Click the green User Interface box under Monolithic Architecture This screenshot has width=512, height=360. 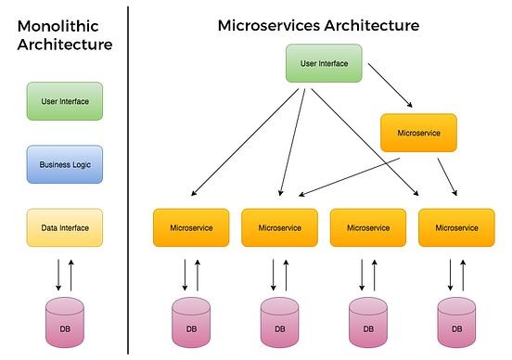click(65, 101)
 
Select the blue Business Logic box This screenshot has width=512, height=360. click(65, 164)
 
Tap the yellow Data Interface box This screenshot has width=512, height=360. click(65, 227)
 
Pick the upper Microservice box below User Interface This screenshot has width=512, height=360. click(418, 133)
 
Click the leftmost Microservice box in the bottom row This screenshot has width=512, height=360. click(191, 227)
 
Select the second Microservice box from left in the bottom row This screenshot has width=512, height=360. click(280, 227)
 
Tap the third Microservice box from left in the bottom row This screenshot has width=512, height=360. click(368, 227)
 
